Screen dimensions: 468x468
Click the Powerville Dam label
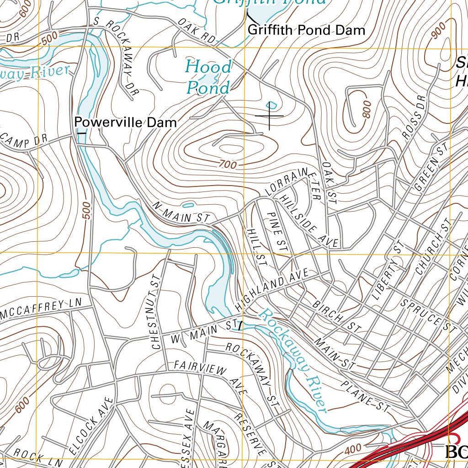(125, 122)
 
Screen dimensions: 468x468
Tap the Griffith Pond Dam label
(306, 31)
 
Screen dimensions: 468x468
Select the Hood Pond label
(208, 77)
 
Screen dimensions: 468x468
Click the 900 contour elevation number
(438, 31)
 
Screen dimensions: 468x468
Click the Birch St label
(336, 316)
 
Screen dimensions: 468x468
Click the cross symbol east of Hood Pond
(270, 116)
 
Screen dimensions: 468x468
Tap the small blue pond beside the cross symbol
(271, 105)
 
